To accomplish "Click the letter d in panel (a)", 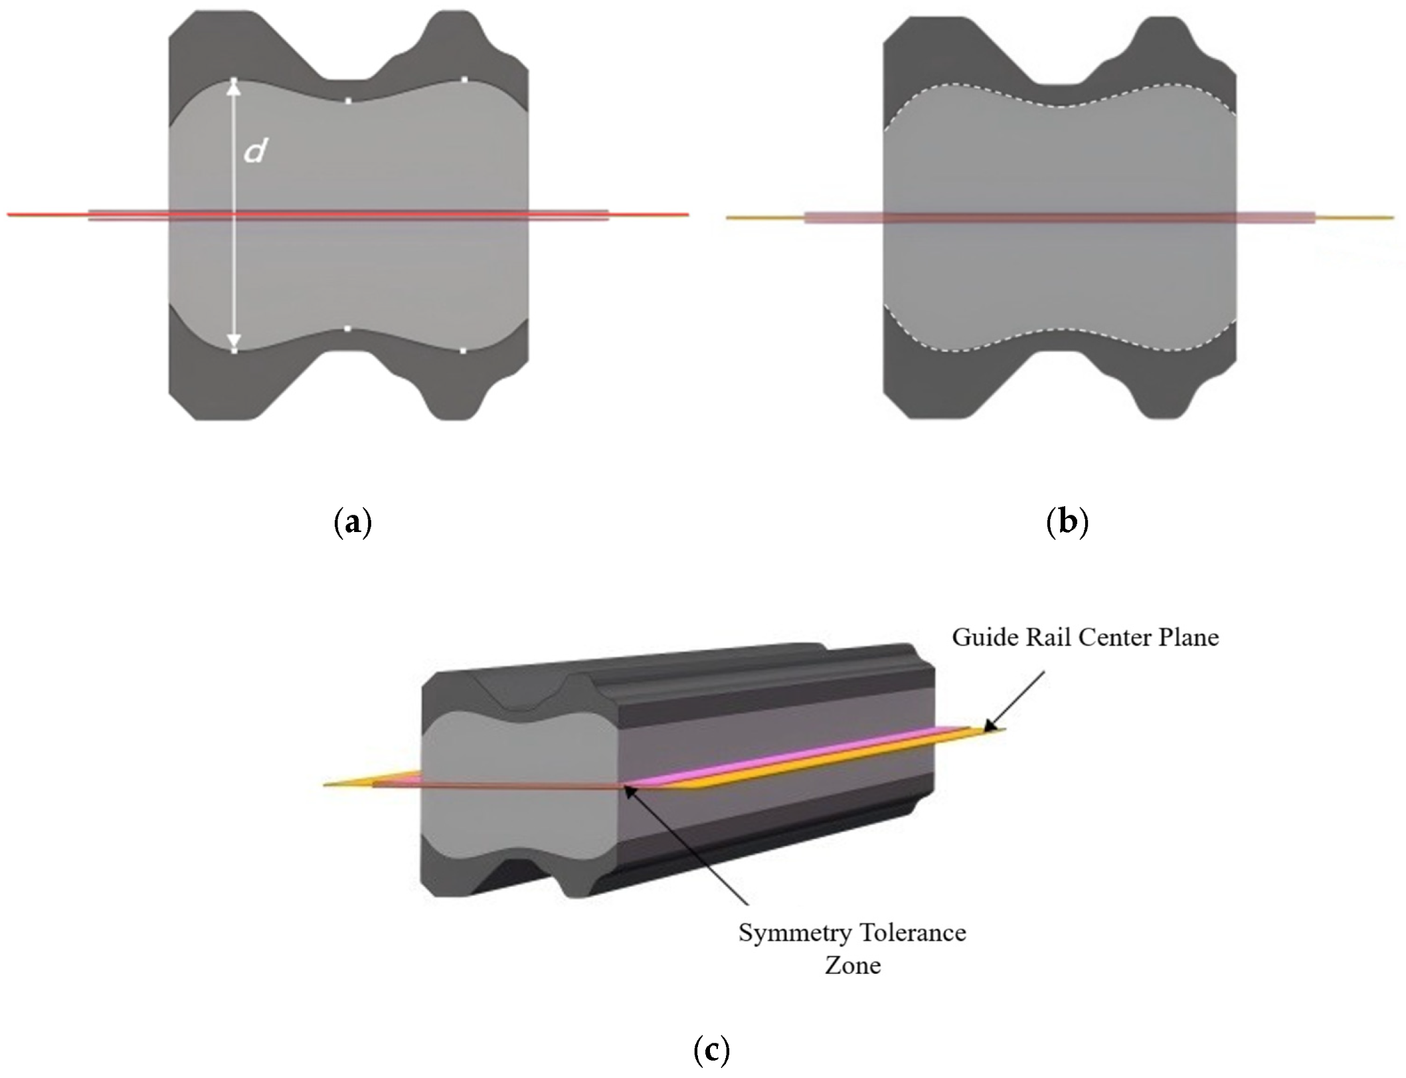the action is pyautogui.click(x=255, y=152).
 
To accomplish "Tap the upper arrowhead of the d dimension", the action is pyautogui.click(x=234, y=88).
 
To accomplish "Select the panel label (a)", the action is pyautogui.click(x=352, y=523).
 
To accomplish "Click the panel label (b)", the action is pyautogui.click(x=1067, y=523).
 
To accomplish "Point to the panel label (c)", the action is pyautogui.click(x=711, y=1051).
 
